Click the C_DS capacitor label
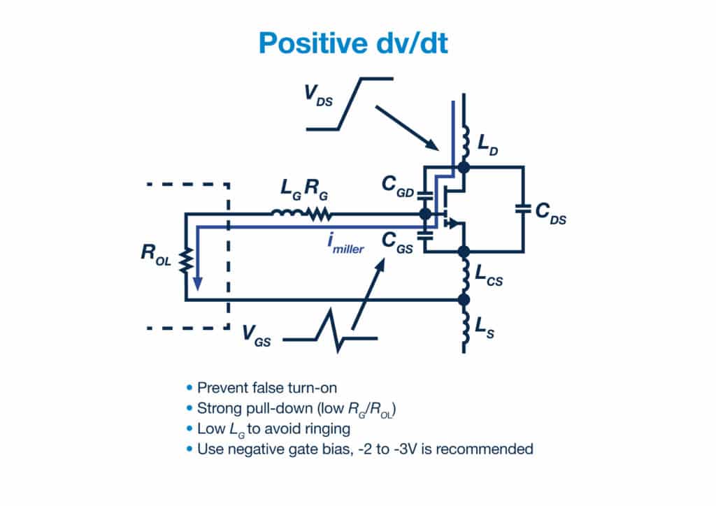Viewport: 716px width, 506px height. (x=550, y=215)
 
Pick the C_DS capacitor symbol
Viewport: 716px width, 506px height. (x=522, y=208)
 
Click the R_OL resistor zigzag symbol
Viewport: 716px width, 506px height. (x=186, y=261)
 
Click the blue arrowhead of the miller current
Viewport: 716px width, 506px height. (x=198, y=282)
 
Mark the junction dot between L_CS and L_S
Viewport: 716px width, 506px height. (x=462, y=300)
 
